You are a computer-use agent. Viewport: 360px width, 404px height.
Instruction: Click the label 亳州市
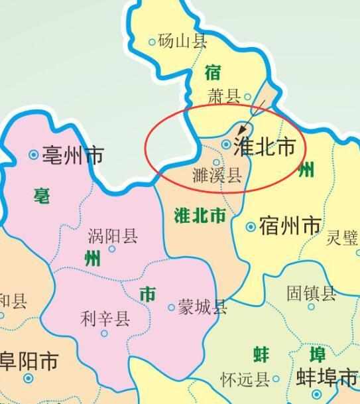point(74,155)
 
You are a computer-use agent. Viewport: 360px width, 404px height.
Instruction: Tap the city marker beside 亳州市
point(34,155)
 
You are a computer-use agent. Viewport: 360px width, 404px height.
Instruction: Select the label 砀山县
point(182,41)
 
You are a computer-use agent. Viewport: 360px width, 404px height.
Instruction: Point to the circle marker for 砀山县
point(152,42)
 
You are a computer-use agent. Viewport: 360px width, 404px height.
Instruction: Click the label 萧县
point(223,97)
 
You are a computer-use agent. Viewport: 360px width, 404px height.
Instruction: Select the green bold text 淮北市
point(199,216)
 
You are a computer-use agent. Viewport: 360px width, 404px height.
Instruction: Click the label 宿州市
point(290,227)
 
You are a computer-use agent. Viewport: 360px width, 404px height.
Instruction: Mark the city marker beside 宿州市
point(251,227)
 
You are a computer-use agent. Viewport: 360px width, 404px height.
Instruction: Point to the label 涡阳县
point(113,236)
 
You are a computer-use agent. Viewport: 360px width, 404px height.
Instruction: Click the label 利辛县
point(104,319)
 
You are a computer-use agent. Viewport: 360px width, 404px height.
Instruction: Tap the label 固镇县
point(311,293)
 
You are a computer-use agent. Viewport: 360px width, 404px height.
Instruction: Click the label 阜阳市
point(29,362)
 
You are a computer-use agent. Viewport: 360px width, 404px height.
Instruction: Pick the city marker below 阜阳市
point(28,378)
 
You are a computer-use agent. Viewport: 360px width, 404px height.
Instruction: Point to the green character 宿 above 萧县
point(212,72)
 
